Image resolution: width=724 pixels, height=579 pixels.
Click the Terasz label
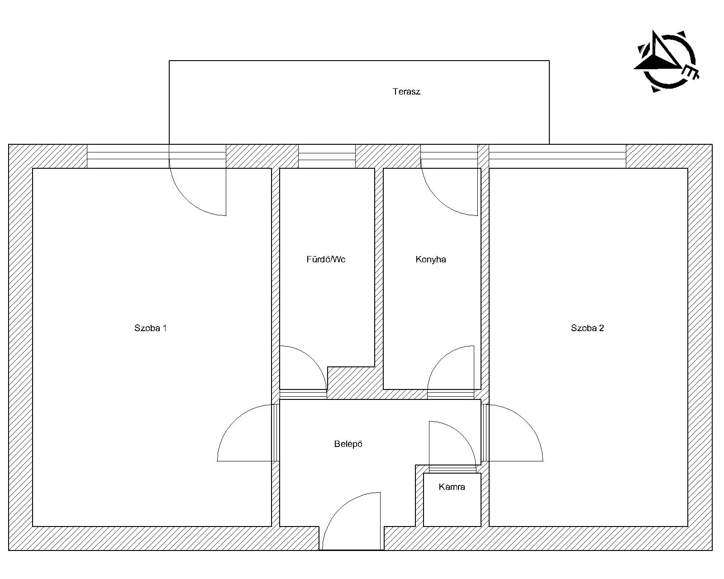[x=406, y=91]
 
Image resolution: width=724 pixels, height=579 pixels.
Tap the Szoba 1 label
[x=150, y=328]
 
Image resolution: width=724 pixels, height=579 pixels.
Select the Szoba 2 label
[x=587, y=328]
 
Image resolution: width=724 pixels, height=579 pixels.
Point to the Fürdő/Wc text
[x=326, y=259]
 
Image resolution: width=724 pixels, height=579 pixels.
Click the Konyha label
[x=431, y=259]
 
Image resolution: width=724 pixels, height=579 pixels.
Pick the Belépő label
[x=348, y=444]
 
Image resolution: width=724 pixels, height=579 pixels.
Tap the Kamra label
[x=452, y=487]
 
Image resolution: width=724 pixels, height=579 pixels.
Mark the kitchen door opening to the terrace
[x=438, y=199]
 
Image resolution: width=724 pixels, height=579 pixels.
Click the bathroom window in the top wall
[x=327, y=156]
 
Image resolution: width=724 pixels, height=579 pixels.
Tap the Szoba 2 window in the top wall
[x=557, y=156]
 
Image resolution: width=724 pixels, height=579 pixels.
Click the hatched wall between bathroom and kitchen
[x=379, y=269]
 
